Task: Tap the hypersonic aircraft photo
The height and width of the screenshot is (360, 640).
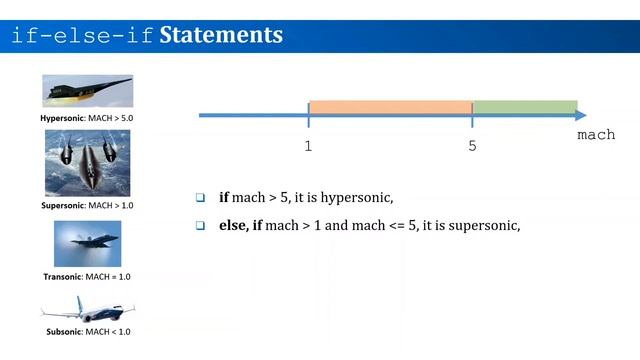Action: [87, 91]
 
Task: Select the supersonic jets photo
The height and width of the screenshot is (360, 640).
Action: [87, 162]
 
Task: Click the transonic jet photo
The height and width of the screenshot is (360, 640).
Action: [87, 242]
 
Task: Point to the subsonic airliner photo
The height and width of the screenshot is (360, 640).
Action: [87, 308]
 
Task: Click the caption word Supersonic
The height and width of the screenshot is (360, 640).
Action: [63, 205]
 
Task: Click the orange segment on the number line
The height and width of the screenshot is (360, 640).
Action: [390, 107]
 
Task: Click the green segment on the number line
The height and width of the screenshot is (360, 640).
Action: [524, 107]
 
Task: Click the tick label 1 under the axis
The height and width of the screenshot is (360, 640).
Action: [309, 146]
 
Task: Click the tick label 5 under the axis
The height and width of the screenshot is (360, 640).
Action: [472, 146]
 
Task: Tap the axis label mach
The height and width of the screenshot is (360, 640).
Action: [596, 135]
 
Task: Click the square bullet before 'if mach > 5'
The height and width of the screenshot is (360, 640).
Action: [200, 197]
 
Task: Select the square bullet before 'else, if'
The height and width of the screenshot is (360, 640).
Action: [200, 226]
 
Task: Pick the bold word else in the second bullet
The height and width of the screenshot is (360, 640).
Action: [233, 226]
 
